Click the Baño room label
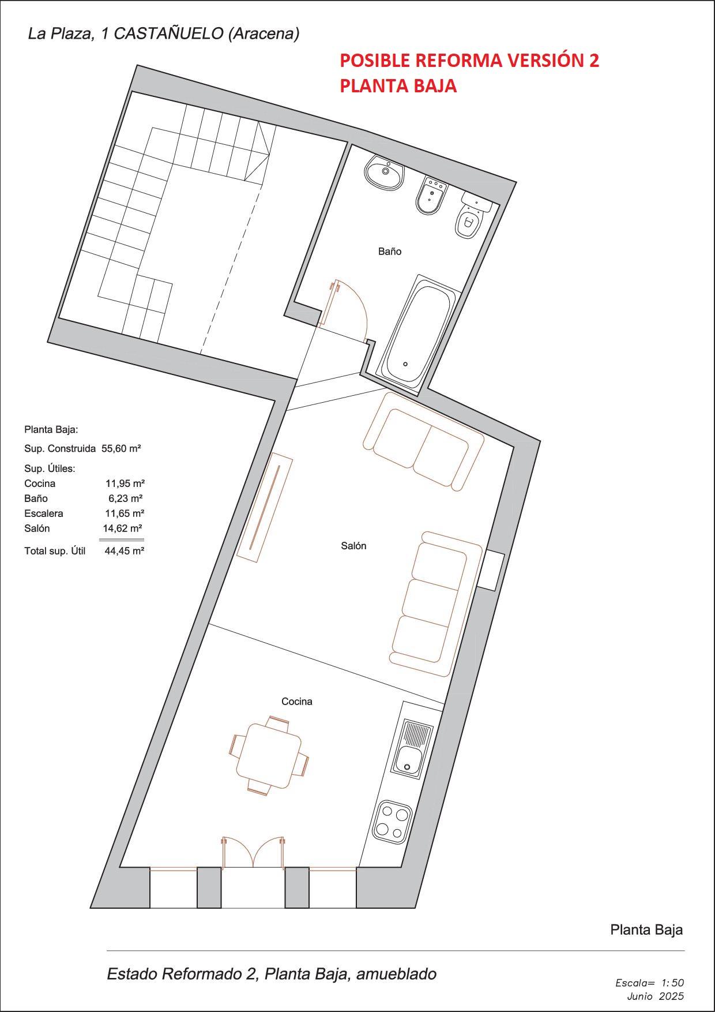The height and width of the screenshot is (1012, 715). click(390, 252)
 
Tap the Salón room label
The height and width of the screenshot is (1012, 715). click(353, 546)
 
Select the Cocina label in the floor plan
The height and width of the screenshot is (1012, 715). click(297, 702)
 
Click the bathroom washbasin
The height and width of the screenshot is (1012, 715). click(384, 172)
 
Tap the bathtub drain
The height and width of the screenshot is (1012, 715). click(405, 364)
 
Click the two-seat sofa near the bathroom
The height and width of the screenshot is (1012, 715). click(423, 441)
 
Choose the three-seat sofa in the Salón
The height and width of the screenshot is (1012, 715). click(435, 603)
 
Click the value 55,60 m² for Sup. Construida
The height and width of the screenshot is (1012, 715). click(121, 448)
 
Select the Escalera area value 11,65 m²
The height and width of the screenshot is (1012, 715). click(125, 514)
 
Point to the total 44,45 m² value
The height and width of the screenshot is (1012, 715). click(124, 551)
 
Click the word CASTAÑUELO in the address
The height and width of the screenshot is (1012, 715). click(168, 34)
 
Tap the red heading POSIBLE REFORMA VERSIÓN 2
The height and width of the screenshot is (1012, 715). click(469, 61)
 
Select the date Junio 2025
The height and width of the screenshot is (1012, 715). click(655, 996)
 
